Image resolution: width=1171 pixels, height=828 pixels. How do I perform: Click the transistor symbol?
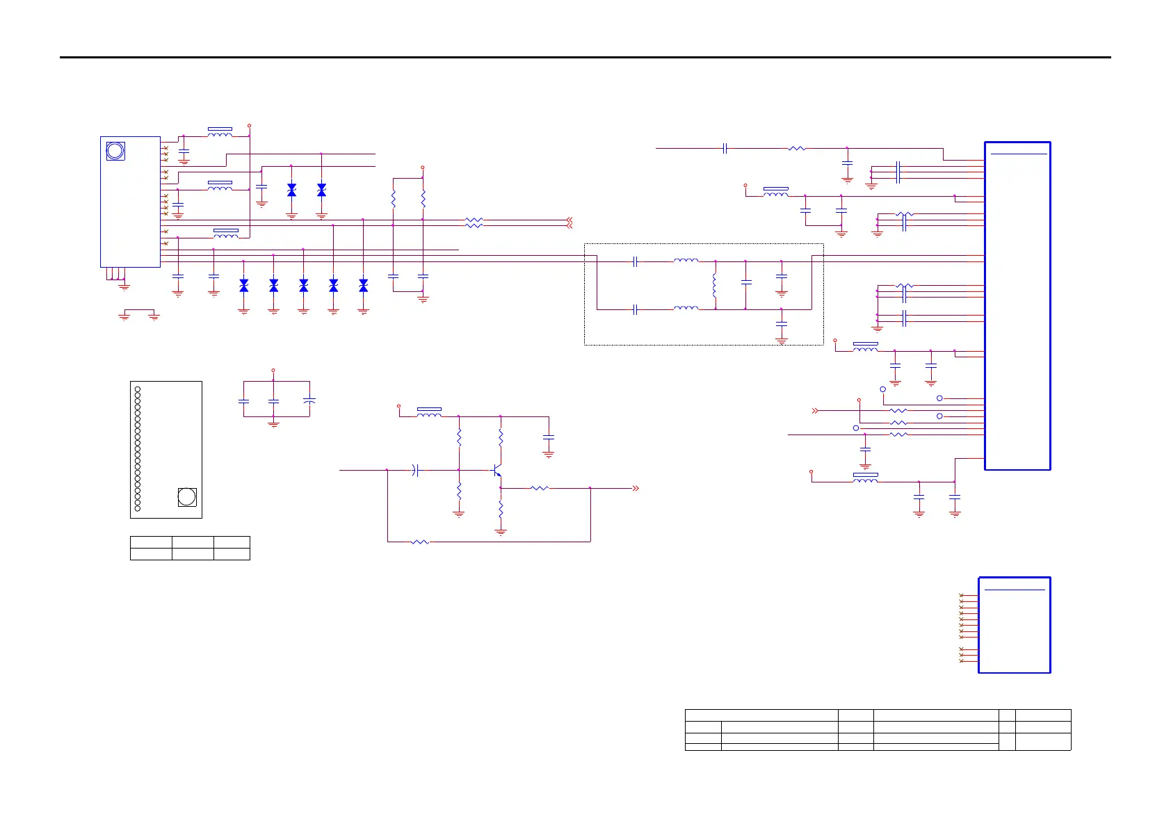pos(496,471)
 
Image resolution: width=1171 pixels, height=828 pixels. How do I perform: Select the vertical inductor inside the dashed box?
pos(715,286)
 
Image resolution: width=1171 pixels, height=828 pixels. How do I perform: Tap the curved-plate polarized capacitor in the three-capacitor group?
pos(309,401)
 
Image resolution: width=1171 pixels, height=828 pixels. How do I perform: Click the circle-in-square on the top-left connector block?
pos(115,151)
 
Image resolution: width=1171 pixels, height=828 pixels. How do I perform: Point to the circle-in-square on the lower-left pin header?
pos(186,496)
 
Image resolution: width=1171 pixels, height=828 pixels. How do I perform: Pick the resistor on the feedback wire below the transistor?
pos(420,542)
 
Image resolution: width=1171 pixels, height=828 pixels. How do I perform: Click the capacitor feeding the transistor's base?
pos(415,471)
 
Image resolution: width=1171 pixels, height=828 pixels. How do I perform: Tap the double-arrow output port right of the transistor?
pos(635,488)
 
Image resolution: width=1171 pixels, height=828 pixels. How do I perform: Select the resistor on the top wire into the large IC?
pos(797,148)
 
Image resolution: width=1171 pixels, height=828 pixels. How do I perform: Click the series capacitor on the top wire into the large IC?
pos(725,148)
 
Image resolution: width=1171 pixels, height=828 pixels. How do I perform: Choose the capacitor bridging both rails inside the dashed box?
pos(746,283)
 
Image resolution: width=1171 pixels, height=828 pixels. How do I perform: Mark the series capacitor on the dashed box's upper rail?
pos(636,262)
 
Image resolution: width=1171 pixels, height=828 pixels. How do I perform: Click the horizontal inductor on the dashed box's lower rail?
pos(686,309)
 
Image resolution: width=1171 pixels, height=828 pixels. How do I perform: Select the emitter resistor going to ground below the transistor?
pos(500,510)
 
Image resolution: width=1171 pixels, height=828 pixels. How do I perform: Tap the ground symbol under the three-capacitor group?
pos(273,423)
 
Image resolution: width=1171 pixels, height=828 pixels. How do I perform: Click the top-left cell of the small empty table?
pos(151,542)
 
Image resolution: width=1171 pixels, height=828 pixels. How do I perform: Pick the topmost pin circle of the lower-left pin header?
pos(138,389)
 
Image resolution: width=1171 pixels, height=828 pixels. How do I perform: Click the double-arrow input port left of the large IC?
pos(815,411)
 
